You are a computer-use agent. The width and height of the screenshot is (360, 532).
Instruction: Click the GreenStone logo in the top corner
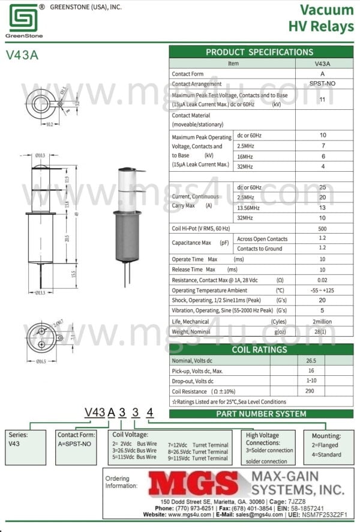tap(23, 19)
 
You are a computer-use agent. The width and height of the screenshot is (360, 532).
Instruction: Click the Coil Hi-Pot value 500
tap(322, 228)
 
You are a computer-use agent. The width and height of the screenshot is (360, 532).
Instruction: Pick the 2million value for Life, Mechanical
tap(322, 321)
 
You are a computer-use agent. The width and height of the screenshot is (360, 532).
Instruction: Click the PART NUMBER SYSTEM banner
tap(261, 414)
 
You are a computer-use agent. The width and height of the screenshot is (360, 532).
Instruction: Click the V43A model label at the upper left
tap(22, 55)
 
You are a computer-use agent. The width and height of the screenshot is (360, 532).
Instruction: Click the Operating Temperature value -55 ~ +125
tap(322, 290)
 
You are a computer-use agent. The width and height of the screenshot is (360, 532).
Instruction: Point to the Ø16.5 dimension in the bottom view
tap(41, 361)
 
